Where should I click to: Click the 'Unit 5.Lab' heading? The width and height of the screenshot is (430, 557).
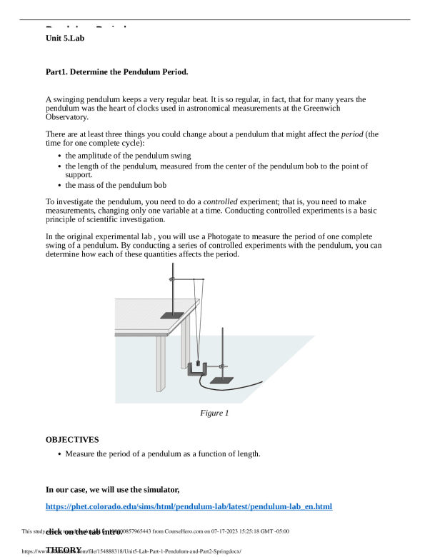click(x=65, y=38)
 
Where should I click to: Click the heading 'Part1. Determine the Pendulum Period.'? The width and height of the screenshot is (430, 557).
click(x=116, y=72)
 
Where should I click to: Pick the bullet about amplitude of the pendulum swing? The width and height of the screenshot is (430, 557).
click(x=128, y=155)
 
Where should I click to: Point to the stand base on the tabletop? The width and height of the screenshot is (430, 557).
click(x=171, y=315)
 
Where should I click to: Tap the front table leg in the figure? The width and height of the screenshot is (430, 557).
click(x=161, y=363)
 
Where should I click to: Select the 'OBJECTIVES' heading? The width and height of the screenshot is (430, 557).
click(x=72, y=440)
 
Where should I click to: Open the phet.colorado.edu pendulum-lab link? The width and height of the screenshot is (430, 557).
click(x=189, y=506)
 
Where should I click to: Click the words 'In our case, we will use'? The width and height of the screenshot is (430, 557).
click(x=100, y=489)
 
